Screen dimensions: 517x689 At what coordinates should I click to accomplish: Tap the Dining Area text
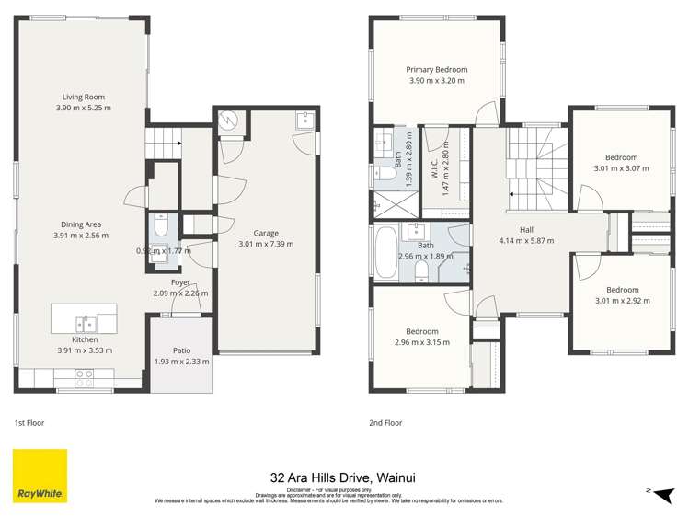(81, 224)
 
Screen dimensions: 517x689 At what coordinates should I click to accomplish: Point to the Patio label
(181, 350)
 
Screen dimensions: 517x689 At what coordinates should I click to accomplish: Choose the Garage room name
(265, 234)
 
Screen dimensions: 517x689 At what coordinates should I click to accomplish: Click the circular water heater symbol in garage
(229, 120)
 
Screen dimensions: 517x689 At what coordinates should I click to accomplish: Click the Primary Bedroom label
(437, 70)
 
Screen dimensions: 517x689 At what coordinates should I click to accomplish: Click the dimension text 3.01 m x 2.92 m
(622, 301)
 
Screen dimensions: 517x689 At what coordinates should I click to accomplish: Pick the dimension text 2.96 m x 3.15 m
(422, 342)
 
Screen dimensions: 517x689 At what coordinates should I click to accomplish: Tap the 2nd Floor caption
(385, 423)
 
